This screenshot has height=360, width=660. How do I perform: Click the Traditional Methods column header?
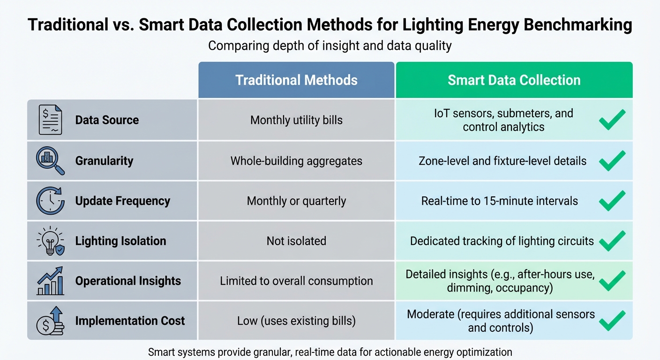pos(296,80)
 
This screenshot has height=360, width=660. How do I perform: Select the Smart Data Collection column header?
pos(514,80)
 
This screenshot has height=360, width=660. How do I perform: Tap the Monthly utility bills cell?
pos(296,120)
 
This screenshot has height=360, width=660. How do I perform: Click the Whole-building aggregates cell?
pos(296,161)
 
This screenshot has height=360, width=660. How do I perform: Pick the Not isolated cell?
pos(296,241)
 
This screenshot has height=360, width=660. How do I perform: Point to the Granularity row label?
pos(104,161)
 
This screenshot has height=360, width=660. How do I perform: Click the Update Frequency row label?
pos(122,201)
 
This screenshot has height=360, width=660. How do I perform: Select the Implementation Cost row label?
pos(130,321)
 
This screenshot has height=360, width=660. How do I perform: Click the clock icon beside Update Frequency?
pos(50,201)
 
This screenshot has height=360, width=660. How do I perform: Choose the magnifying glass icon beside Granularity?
pos(50,161)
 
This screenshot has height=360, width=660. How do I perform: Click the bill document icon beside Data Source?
pos(50,120)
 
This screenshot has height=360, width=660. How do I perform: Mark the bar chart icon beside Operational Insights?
pos(50,281)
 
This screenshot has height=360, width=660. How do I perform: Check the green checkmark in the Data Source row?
pos(612,120)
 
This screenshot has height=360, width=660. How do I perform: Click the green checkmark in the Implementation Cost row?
pos(612,321)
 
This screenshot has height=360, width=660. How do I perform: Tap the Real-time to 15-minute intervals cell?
pos(499,201)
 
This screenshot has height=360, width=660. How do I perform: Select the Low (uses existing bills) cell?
pos(296,321)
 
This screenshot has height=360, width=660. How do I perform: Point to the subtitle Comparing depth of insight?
pos(330,46)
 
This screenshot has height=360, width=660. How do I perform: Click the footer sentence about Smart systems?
pos(330,352)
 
